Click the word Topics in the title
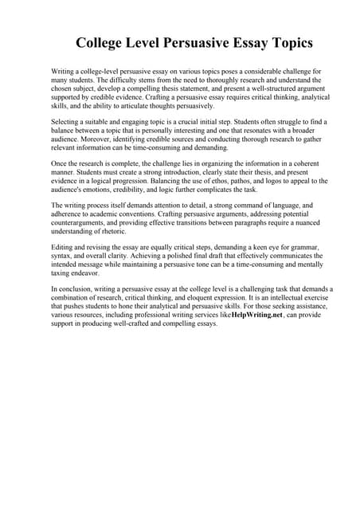point(283,42)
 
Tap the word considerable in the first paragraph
point(248,71)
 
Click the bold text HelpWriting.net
point(257,315)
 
